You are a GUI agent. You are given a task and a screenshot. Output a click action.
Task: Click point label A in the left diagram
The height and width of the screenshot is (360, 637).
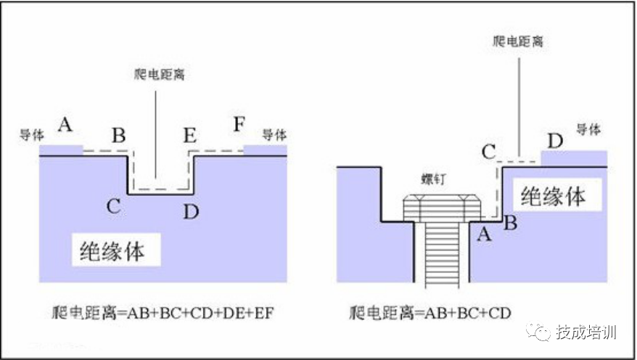65,125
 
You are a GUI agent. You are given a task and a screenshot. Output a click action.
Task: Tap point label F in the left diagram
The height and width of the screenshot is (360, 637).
239,123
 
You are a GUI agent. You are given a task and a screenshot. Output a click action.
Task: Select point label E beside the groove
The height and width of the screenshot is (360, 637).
189,135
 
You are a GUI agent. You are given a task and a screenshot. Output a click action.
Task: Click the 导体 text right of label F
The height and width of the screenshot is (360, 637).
274,135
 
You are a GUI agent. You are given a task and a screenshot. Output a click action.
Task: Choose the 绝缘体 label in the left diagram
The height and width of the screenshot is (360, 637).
112,251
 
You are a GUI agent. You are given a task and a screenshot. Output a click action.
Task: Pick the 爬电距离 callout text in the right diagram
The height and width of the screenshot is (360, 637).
518,41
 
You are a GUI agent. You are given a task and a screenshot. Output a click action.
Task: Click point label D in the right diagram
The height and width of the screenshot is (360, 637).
555,140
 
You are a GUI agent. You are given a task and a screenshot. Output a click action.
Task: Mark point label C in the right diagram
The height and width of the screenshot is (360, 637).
489,152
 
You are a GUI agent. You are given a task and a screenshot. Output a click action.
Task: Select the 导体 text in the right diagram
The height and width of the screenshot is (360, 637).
588,129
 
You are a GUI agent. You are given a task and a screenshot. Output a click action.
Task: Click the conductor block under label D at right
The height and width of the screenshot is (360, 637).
574,158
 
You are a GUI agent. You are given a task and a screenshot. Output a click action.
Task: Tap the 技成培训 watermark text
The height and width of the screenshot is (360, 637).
586,332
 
